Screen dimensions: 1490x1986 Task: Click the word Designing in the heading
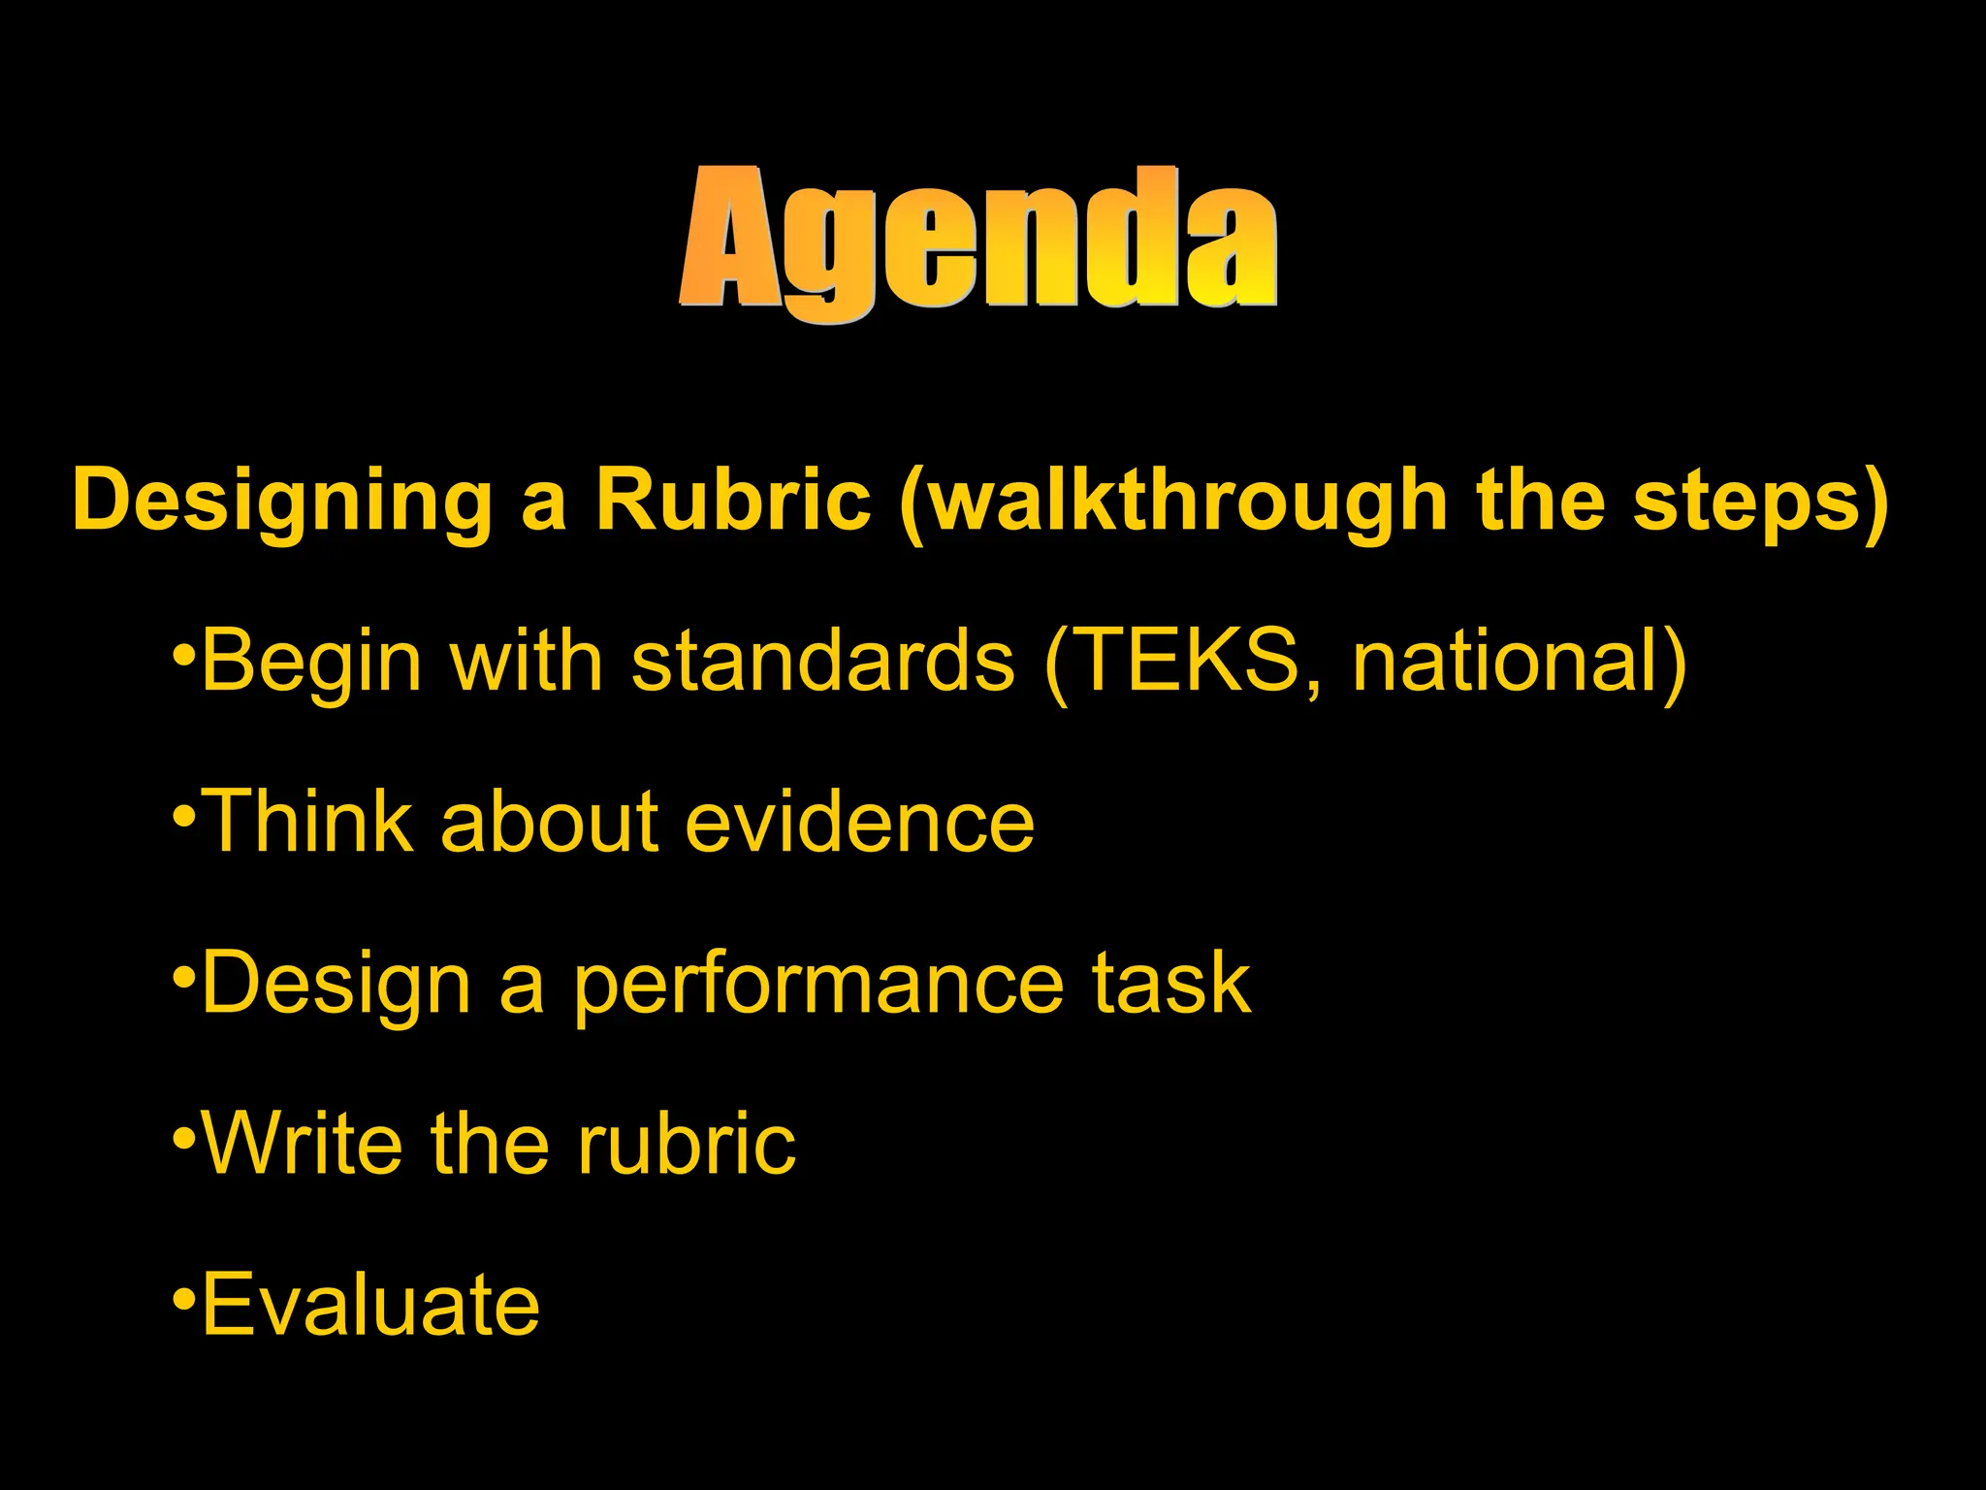282,501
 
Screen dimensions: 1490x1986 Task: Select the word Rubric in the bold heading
732,501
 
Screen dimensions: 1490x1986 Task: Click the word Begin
311,662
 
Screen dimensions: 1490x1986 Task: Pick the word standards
822,662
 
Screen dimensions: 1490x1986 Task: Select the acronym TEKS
1189,662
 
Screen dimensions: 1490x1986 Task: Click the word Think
311,823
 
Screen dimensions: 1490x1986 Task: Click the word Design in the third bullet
336,984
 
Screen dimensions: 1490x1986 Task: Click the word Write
302,1145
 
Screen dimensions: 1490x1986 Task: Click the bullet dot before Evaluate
184,1297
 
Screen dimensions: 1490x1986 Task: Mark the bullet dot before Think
184,814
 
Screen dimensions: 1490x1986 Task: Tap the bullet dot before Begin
184,653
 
